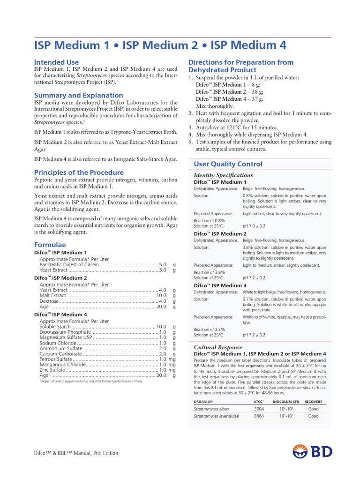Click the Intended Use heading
tap(56, 62)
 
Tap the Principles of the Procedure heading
tap(79, 172)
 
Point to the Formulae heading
tap(50, 245)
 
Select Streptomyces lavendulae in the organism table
tap(217, 416)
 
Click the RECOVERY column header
tap(313, 402)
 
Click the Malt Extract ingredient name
tap(53, 295)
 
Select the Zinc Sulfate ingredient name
tap(52, 369)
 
